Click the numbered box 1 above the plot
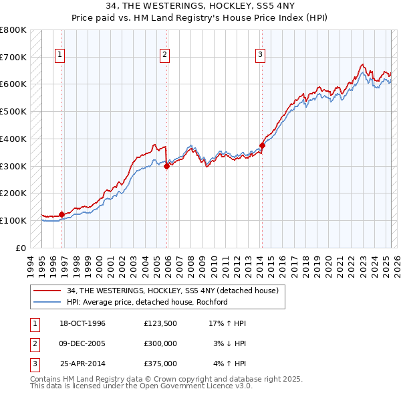(60, 56)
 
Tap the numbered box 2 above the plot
(164, 56)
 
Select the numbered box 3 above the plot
(260, 56)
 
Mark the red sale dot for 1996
(62, 214)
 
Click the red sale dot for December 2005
(167, 166)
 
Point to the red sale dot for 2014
(263, 145)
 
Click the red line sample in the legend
(48, 291)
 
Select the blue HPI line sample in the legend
(48, 302)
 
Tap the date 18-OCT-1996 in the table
(82, 324)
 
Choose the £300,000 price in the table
(160, 343)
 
